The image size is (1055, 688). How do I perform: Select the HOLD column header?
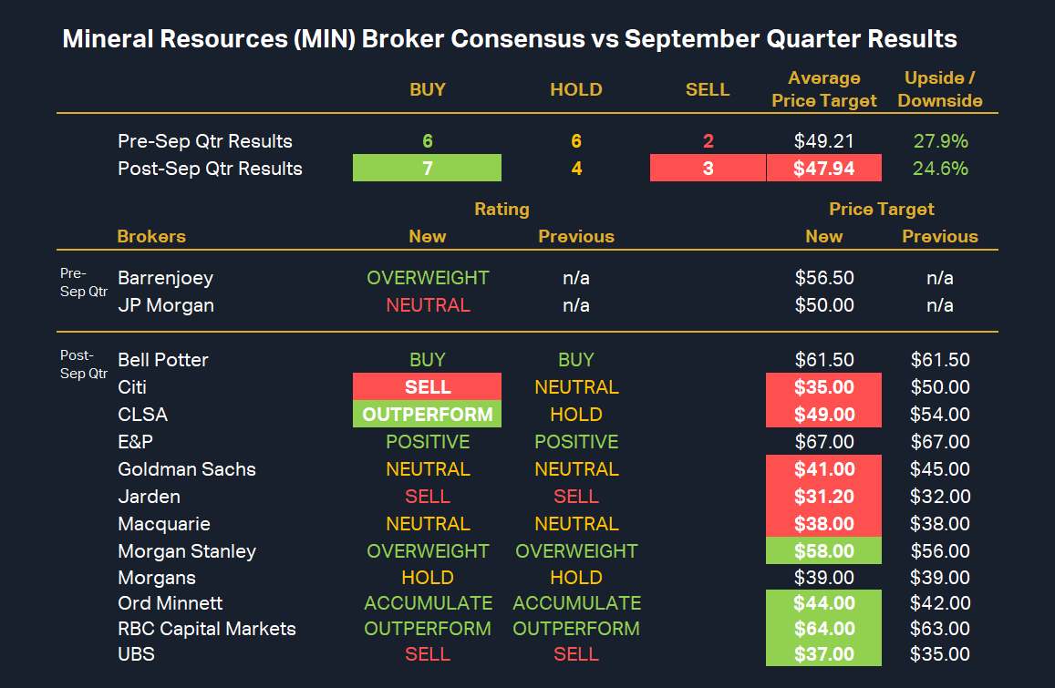(x=576, y=89)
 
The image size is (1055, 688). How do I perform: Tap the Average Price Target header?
(x=824, y=89)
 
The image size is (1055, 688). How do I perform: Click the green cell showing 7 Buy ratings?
(x=427, y=169)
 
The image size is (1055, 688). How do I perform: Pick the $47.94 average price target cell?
(x=824, y=169)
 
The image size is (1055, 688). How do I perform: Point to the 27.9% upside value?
(x=940, y=141)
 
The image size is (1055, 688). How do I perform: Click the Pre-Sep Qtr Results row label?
(x=205, y=141)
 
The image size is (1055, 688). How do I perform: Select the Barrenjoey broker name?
(x=165, y=278)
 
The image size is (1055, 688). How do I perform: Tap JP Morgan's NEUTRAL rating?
(x=428, y=305)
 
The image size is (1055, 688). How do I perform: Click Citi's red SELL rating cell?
(x=427, y=387)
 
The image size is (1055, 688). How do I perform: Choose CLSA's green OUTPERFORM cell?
(x=427, y=415)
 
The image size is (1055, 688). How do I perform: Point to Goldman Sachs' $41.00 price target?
(x=824, y=469)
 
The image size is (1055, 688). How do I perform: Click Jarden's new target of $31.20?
(x=824, y=497)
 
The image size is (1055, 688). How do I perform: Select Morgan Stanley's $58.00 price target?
(x=824, y=551)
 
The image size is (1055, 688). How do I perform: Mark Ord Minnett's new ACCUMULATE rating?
(x=428, y=603)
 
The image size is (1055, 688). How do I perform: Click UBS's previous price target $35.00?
(x=940, y=654)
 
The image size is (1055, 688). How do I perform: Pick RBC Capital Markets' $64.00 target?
(x=824, y=629)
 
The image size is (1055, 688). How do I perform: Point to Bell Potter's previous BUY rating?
(x=576, y=360)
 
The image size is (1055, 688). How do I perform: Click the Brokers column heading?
(x=151, y=237)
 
